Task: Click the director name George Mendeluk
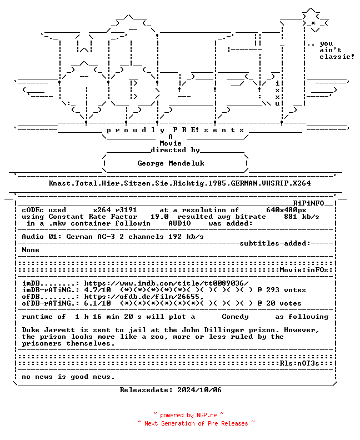pos(171,163)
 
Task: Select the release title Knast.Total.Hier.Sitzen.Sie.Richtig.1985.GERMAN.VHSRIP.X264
pos(179,183)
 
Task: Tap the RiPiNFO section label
pos(309,203)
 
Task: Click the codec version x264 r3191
pos(115,210)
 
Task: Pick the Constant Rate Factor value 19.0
pos(159,217)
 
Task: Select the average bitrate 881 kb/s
pos(302,217)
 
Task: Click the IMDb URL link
pos(166,283)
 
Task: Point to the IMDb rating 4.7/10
pos(97,290)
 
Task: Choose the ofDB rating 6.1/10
pos(97,303)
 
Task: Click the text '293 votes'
pos(286,290)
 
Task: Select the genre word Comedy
pos(235,317)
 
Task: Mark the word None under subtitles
pos(31,250)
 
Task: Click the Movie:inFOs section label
pos(304,270)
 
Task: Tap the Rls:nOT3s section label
pos(299,363)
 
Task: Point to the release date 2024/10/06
pos(199,390)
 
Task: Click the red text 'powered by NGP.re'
pos(188,416)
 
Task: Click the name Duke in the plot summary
pos(31,330)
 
